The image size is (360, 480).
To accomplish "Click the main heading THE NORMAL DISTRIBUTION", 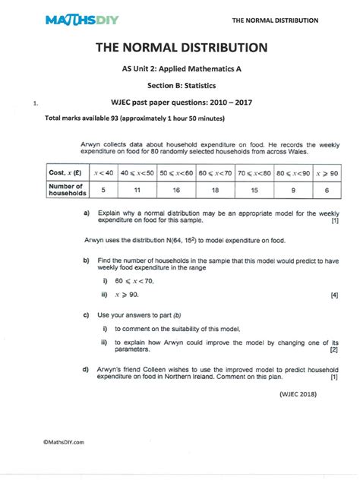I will tap(181, 49).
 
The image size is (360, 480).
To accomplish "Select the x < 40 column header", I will tap(103, 174).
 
